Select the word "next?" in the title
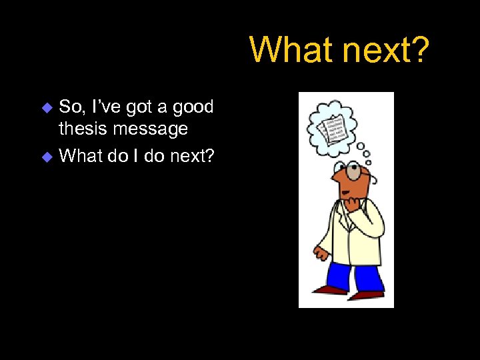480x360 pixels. (x=388, y=49)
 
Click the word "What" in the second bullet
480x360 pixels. (x=80, y=156)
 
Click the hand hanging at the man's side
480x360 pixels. (x=321, y=254)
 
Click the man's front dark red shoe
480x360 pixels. (x=367, y=294)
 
